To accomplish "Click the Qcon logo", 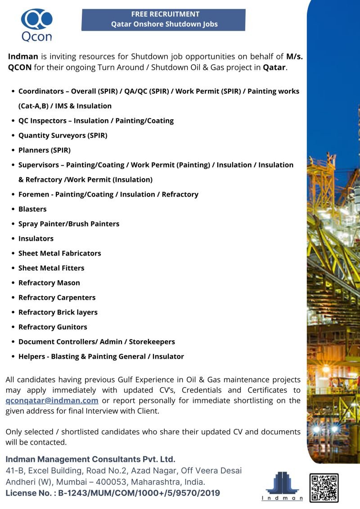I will pos(36,25).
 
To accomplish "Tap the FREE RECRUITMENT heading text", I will pos(165,14).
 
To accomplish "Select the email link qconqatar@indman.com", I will pos(52,400).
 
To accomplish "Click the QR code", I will pos(324,488).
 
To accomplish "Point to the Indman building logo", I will pos(282,485).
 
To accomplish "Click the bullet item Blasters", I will pos(32,209).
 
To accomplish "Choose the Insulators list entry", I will pos(36,239).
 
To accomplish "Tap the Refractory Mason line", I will pos(49,283).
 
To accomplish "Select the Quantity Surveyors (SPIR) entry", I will pos(63,135).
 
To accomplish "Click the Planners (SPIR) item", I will pos(44,150).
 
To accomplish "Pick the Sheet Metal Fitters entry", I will pos(51,268).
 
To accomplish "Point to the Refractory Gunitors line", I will pos(53,327).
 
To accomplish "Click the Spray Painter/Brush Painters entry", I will pos(69,224).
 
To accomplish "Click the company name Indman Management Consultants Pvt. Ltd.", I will pos(90,459).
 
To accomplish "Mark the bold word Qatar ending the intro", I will pos(274,68).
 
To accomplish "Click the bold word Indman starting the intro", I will pos(23,57).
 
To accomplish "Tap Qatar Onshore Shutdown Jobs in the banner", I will pos(164,24).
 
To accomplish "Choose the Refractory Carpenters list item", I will pos(57,297).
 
